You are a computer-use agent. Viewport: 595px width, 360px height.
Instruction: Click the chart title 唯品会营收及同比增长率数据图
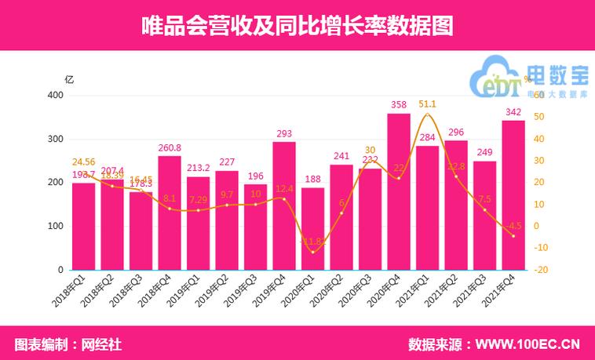point(297,25)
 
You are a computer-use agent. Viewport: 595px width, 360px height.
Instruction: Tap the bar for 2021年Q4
point(513,195)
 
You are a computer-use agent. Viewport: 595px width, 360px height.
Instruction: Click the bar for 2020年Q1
point(312,228)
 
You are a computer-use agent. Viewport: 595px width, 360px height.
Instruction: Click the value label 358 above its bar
point(399,104)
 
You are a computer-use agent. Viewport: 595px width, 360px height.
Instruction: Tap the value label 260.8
point(170,147)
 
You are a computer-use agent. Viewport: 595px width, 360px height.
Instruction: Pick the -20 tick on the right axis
point(540,270)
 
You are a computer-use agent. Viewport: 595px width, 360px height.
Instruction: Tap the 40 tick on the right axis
point(538,139)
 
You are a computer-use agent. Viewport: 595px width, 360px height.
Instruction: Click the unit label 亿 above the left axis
point(69,79)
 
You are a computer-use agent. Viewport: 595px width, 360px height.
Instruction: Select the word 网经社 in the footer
point(102,344)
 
